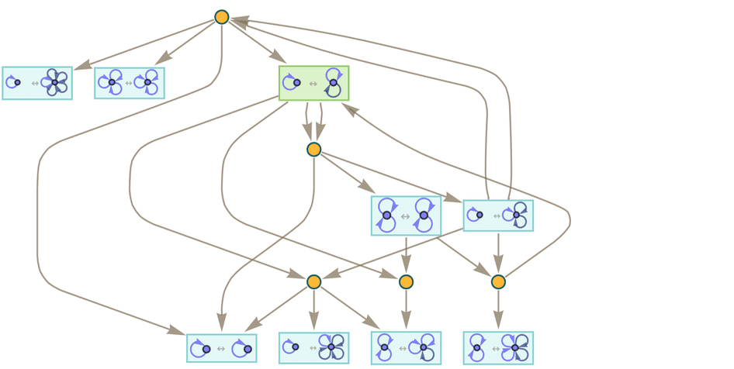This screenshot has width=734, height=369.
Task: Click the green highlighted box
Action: click(313, 83)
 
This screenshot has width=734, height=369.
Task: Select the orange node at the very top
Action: click(221, 17)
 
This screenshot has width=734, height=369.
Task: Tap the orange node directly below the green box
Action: click(313, 149)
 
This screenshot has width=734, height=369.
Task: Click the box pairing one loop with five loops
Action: click(37, 83)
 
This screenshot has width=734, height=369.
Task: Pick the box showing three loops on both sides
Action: click(130, 83)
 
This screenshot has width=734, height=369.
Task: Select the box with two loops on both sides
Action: click(406, 216)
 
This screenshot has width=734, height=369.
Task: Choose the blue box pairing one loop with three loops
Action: click(498, 216)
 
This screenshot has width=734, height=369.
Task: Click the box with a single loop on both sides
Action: click(221, 348)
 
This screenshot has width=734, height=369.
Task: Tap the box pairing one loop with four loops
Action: click(313, 348)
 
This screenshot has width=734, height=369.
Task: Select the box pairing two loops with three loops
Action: click(406, 348)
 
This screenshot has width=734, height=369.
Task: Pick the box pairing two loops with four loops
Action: click(498, 348)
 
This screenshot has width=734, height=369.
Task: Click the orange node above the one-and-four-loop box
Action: click(313, 281)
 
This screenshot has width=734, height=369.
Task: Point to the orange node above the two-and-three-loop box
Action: click(406, 281)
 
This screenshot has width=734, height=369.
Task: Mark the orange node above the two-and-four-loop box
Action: click(498, 281)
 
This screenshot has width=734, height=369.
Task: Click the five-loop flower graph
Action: click(54, 82)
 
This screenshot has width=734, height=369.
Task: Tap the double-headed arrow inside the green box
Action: click(313, 83)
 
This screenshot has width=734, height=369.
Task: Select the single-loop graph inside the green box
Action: click(293, 82)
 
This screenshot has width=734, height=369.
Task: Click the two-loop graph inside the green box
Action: click(333, 82)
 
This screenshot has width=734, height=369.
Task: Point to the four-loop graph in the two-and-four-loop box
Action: click(516, 348)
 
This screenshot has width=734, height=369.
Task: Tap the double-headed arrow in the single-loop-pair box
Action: click(221, 349)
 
